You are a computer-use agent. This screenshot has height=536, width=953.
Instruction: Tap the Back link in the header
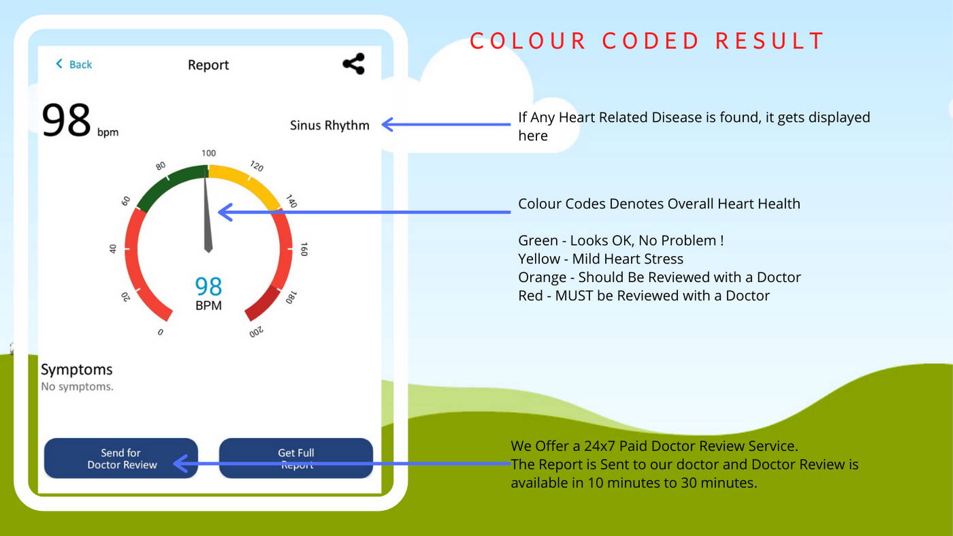point(74,64)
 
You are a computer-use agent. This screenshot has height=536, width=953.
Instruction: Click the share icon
point(353,64)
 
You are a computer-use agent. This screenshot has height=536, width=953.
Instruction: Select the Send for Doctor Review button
point(121,458)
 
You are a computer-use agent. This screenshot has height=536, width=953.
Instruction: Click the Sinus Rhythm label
point(329,125)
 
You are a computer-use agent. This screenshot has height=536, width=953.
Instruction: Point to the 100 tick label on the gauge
point(208,153)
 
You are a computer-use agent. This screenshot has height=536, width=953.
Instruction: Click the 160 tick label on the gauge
point(304,249)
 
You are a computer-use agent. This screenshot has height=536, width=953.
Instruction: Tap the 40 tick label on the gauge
point(113,249)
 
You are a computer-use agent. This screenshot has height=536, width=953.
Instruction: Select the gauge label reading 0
point(161,332)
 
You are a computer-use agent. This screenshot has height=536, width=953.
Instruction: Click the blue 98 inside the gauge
point(208,286)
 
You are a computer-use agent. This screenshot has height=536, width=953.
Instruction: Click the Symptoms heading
point(76,370)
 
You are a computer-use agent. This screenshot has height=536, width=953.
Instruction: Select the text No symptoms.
point(77,387)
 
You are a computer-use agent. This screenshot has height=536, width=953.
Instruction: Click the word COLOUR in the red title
point(528,41)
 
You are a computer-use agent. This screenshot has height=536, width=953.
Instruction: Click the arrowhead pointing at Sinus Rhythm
point(387,125)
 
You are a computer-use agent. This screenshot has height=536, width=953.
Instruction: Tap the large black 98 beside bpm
point(67,120)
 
